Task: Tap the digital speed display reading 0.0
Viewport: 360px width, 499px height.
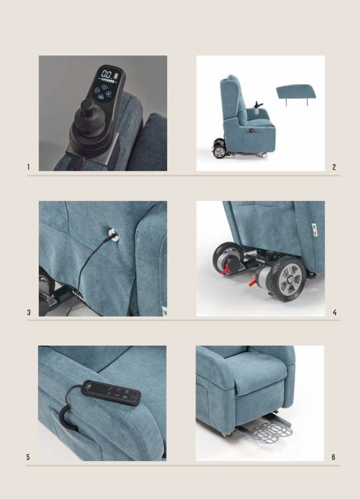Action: (x=107, y=75)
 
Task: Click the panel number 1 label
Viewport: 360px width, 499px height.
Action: (x=28, y=167)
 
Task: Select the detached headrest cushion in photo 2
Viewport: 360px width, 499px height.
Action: (x=298, y=93)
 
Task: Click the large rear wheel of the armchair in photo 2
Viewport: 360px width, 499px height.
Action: (x=218, y=152)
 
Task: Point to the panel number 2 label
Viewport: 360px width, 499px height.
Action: (x=334, y=167)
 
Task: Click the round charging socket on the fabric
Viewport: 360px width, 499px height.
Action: (x=114, y=235)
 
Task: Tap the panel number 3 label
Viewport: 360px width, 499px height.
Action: (x=29, y=312)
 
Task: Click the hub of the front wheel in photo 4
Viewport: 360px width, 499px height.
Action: (x=289, y=279)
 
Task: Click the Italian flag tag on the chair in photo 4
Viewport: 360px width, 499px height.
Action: (x=315, y=230)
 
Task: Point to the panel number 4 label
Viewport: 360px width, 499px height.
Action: (x=334, y=312)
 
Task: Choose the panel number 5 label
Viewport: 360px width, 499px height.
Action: (x=28, y=457)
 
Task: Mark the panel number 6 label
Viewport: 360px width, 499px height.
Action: (x=333, y=457)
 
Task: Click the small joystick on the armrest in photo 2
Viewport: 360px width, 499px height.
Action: (x=256, y=105)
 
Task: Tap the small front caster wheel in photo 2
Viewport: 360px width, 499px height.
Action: (x=264, y=155)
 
